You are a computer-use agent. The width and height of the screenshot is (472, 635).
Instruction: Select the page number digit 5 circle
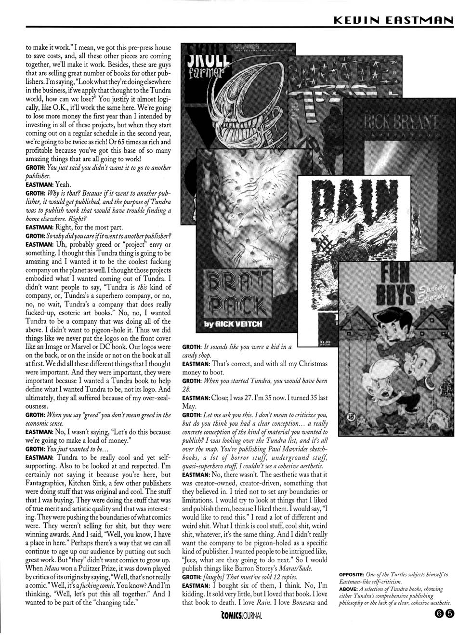(x=449, y=614)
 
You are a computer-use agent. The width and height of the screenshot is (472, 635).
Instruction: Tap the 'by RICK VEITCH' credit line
(x=233, y=324)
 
